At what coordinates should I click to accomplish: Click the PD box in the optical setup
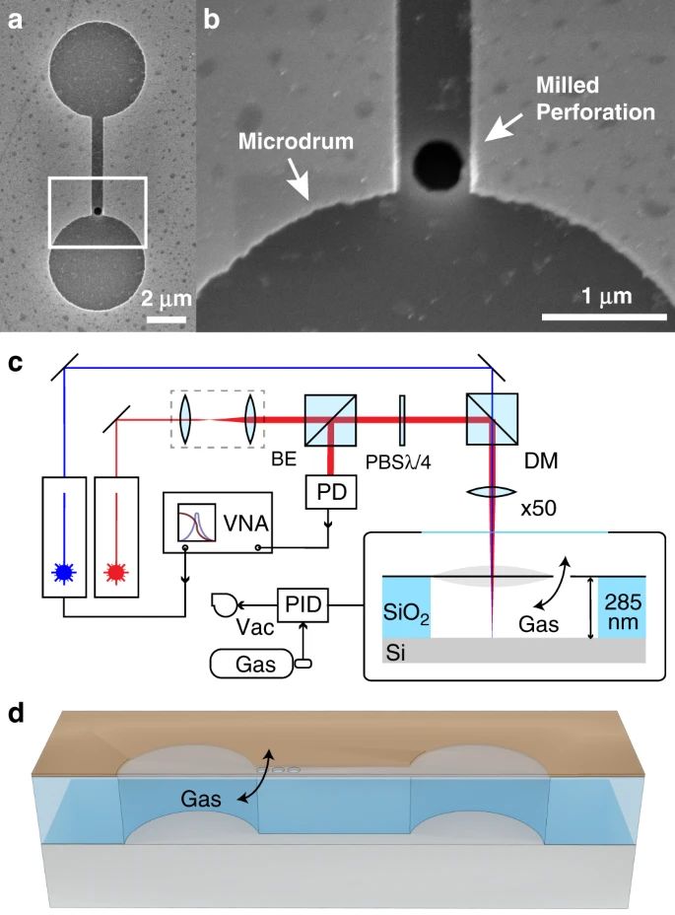point(331,492)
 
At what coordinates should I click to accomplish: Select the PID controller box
point(304,604)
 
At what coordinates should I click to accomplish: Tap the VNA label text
point(245,523)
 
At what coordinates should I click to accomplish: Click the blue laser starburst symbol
point(64,574)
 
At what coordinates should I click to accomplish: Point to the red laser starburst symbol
point(116,574)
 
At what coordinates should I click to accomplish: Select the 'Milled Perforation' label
point(595,98)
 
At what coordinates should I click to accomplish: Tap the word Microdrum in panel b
point(296,141)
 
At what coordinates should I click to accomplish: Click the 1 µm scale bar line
point(604,317)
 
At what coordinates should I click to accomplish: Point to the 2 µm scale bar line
point(166,319)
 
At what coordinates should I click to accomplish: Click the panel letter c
point(15,363)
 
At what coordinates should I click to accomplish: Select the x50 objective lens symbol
point(493,493)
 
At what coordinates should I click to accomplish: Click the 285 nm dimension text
point(623,611)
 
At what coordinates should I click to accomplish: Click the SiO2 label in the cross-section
point(406,612)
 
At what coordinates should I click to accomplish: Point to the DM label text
point(541,461)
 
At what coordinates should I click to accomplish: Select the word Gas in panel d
point(201,799)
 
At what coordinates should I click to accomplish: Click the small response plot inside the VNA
point(197,522)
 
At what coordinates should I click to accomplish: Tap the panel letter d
point(15,713)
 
